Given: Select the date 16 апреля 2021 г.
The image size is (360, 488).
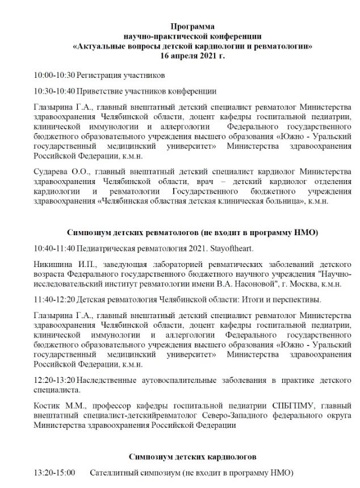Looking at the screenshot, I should [192, 56].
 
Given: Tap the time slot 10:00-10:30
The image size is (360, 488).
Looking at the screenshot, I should [54, 75].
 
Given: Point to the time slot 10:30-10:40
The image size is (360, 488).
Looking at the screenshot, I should [54, 90].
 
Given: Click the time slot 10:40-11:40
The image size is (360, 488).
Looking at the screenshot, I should [54, 248].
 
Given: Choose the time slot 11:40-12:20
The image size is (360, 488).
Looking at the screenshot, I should [54, 299].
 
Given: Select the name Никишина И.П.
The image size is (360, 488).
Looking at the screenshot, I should [61, 264].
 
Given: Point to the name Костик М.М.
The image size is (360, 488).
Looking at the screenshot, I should [57, 404].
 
